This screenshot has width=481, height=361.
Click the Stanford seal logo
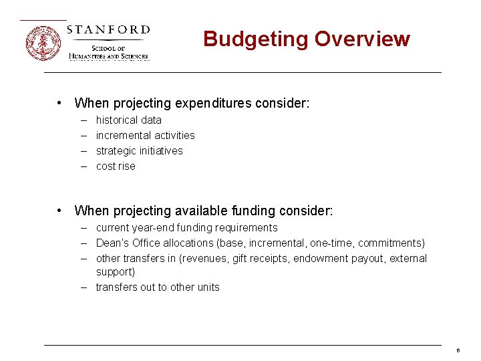pos(43,43)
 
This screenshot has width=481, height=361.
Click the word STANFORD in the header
pos(108,30)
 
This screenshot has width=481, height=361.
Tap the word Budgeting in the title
pos(256,39)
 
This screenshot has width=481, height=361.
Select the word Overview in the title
pos(362,39)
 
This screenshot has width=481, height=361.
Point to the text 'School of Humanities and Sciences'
pos(109,53)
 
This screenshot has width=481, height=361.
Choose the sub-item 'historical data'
pos(129,120)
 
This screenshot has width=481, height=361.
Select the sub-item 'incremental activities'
pos(146,136)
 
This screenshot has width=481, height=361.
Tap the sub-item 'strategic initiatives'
pos(139,151)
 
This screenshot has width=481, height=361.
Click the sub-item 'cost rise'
pos(116,166)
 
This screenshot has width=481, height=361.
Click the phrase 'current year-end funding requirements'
pos(186,228)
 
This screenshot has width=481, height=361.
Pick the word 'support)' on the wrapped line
pos(116,272)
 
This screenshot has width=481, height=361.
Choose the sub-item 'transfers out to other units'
pos(158,287)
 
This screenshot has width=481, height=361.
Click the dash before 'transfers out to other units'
pos(86,287)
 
